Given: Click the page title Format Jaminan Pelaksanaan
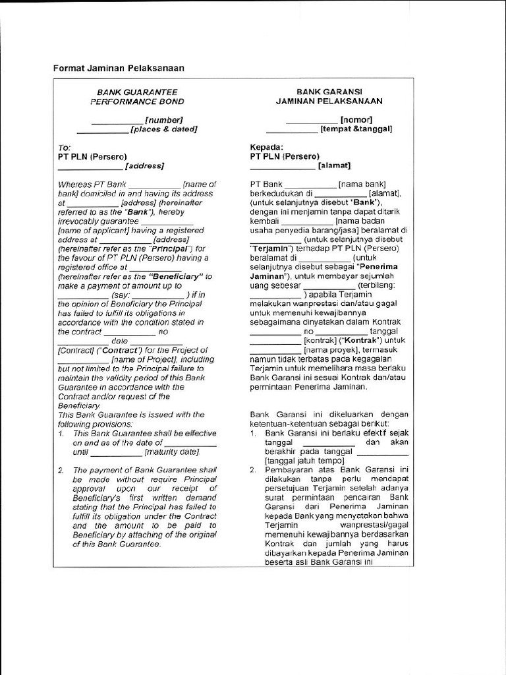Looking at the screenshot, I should [x=119, y=68].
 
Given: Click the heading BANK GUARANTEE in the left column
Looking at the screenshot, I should [x=137, y=92].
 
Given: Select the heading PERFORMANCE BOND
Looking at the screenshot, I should [x=137, y=102].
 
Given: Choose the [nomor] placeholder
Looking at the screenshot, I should [x=356, y=119].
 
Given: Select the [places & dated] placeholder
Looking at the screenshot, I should [x=163, y=129].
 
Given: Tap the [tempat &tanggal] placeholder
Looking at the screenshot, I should [x=356, y=129].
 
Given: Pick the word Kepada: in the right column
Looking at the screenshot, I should [x=267, y=147].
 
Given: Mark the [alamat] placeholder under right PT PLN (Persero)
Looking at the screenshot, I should [x=335, y=165].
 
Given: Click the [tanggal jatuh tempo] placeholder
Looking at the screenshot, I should [x=296, y=461].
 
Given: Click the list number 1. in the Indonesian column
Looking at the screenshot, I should [x=254, y=432].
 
